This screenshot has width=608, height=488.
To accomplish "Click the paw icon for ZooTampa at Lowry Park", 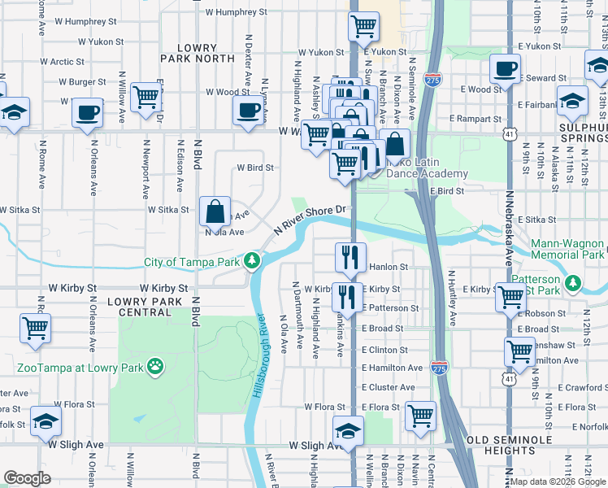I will point(156,368).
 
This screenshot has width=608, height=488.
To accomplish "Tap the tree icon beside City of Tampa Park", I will point(254,261).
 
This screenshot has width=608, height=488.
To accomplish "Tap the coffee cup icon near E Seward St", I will point(505,68).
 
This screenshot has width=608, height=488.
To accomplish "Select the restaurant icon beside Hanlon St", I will point(350,257).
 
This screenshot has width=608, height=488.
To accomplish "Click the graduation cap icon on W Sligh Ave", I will point(349,430).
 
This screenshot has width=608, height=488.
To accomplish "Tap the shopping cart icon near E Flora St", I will point(420,416).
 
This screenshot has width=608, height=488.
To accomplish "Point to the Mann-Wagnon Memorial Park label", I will point(567,249).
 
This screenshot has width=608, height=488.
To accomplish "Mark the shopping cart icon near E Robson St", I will point(511,299).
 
